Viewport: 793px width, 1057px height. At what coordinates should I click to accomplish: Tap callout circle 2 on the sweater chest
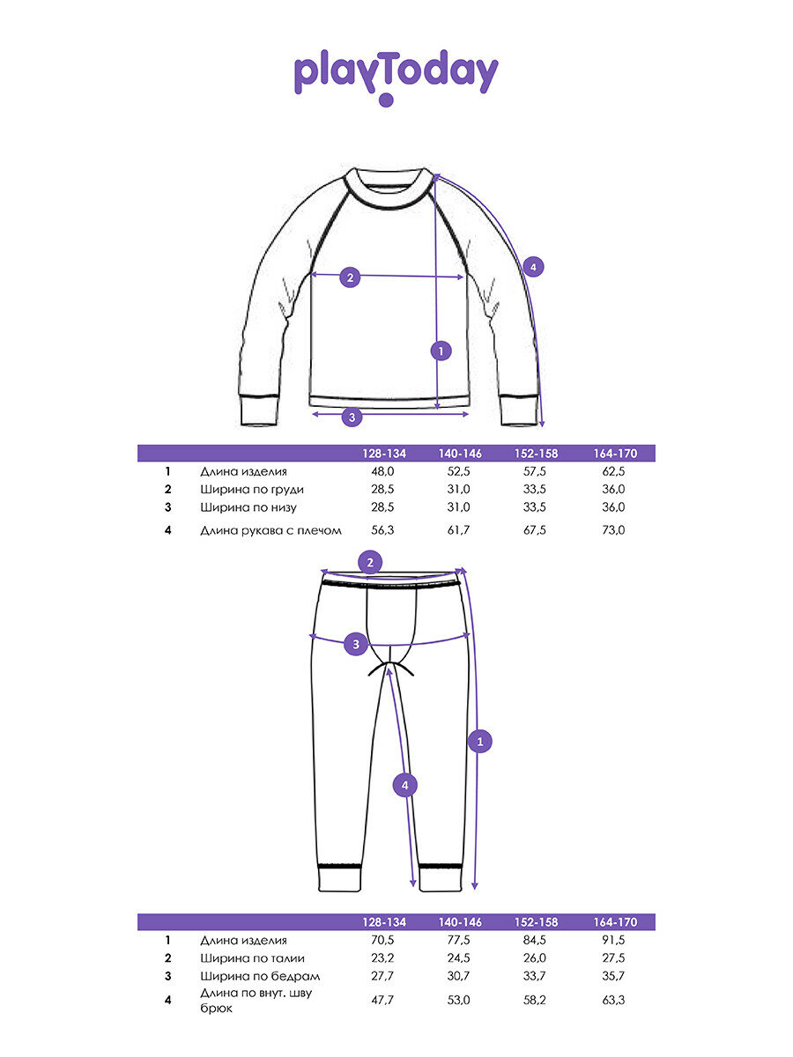tap(350, 277)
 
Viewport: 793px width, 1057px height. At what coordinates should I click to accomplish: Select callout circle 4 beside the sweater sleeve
tap(533, 266)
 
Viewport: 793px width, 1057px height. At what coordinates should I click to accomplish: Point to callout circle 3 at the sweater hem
tap(351, 418)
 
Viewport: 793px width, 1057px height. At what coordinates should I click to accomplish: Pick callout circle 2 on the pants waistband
tap(371, 562)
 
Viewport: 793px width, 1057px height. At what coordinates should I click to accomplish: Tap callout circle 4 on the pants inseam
tap(404, 785)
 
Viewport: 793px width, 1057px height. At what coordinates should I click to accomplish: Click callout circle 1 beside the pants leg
tap(479, 742)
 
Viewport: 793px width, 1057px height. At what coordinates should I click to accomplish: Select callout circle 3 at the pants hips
tap(355, 644)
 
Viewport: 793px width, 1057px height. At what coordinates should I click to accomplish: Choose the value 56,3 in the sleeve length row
tap(383, 530)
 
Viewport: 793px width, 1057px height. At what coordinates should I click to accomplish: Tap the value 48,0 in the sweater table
tap(383, 471)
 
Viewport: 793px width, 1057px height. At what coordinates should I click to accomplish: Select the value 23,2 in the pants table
tap(383, 957)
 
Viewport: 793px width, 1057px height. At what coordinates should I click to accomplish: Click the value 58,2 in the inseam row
tap(536, 1001)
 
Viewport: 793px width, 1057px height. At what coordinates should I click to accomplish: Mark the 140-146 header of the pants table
tap(459, 922)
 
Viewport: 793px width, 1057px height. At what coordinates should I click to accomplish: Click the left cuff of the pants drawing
tap(340, 878)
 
